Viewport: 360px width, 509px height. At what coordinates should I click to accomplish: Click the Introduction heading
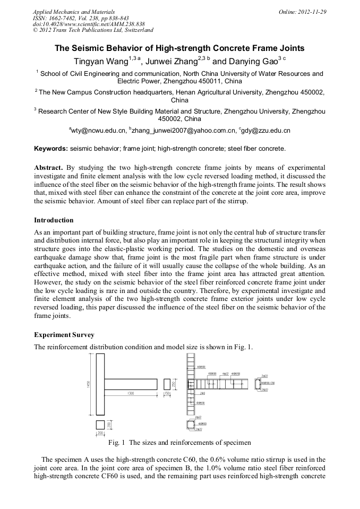coord(54,220)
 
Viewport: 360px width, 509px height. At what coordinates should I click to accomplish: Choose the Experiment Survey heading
coord(64,335)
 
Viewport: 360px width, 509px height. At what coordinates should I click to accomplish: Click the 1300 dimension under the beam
coord(130,393)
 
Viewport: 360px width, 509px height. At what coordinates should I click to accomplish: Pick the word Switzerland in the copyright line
coord(136,30)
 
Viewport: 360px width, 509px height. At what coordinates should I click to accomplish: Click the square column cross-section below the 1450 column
coord(100,425)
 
